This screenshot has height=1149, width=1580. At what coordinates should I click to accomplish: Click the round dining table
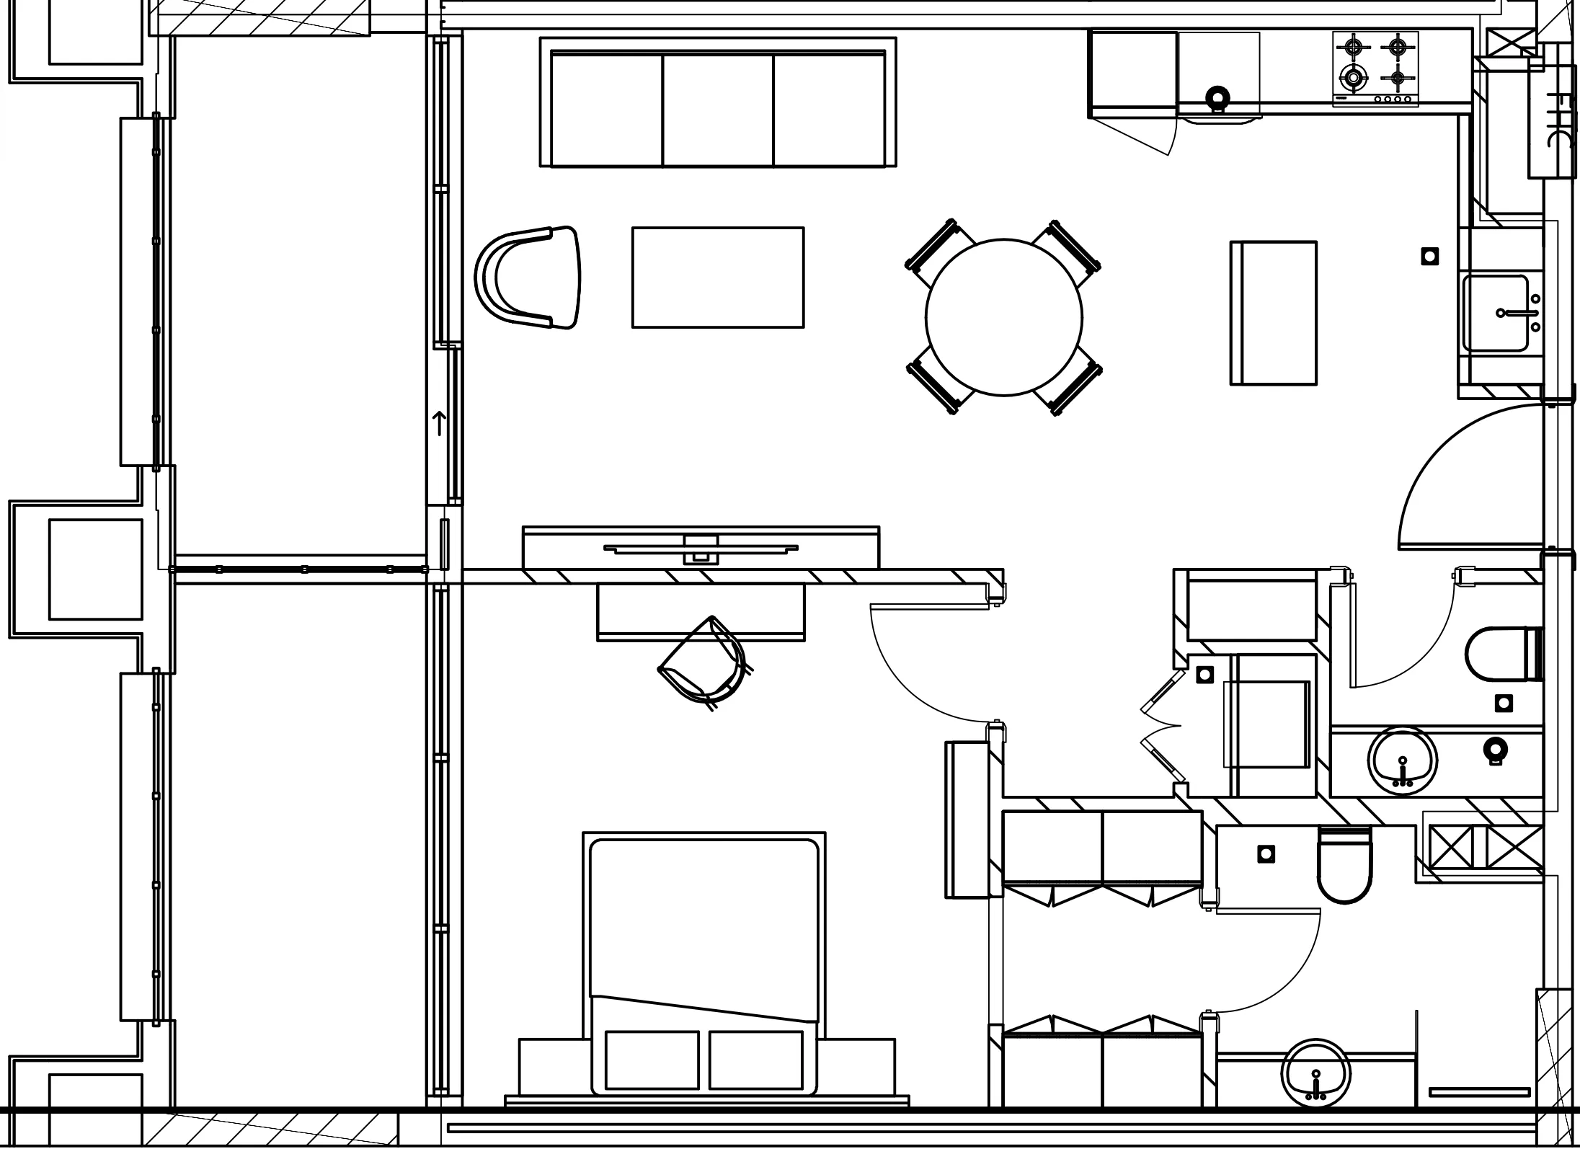pyautogui.click(x=1003, y=317)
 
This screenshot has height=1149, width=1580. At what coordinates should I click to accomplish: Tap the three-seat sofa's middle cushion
pyautogui.click(x=718, y=110)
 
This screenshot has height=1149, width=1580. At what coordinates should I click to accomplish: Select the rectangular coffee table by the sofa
pyautogui.click(x=718, y=278)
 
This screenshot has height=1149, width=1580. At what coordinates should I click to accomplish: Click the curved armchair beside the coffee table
pyautogui.click(x=530, y=278)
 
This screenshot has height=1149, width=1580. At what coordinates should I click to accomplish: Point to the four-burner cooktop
pyautogui.click(x=1375, y=69)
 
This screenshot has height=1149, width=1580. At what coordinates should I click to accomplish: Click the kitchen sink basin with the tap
pyautogui.click(x=1495, y=314)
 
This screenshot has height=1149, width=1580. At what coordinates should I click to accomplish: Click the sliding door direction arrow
pyautogui.click(x=439, y=423)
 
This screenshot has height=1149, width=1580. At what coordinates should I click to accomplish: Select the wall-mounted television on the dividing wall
pyautogui.click(x=701, y=549)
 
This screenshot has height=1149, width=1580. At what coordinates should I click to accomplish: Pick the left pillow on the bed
pyautogui.click(x=652, y=1060)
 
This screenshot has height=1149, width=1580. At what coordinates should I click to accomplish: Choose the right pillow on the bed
pyautogui.click(x=755, y=1060)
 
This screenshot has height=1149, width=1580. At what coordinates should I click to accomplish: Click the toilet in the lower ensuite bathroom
pyautogui.click(x=1344, y=865)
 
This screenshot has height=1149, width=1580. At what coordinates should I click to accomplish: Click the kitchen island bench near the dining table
pyautogui.click(x=1274, y=313)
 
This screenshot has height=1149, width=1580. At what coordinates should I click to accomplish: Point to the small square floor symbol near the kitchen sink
pyautogui.click(x=1430, y=256)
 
